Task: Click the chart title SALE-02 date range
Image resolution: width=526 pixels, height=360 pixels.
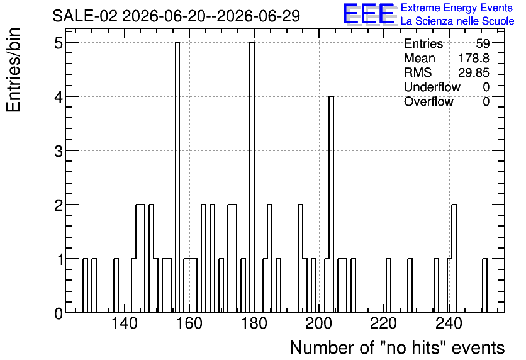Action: pos(176,16)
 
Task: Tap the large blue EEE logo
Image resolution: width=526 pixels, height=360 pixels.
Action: pos(369,14)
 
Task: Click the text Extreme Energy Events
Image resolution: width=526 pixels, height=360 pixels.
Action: pos(457,8)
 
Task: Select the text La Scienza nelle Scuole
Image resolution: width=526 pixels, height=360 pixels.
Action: pos(457,21)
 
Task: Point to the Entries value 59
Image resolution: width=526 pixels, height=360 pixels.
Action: pos(483,43)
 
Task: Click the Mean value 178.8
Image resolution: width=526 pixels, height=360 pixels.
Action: pos(474,58)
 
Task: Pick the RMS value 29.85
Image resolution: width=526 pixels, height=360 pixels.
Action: pos(474,72)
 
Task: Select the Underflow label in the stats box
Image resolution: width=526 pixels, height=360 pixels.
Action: pos(432,87)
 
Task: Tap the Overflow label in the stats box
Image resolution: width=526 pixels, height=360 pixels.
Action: pos(428,101)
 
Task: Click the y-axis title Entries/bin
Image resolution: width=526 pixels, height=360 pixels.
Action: pos(14,70)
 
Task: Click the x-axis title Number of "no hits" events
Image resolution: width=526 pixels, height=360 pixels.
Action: pos(397,347)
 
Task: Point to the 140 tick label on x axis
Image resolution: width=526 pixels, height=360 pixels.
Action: pos(125,323)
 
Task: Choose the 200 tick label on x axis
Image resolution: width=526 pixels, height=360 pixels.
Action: pos(319,323)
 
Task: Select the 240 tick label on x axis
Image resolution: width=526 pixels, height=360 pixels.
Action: pos(449,323)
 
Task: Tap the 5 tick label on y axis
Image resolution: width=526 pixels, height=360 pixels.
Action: pos(59,43)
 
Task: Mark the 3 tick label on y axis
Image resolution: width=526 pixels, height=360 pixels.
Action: pos(59,151)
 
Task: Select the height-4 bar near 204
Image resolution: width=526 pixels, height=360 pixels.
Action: pos(331,205)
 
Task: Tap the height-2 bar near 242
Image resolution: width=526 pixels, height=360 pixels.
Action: pos(454,258)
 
